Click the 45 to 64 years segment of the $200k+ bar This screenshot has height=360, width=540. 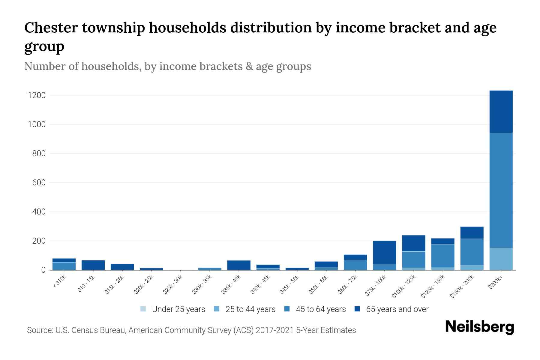tap(501, 190)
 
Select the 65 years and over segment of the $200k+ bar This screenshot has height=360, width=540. tap(501, 112)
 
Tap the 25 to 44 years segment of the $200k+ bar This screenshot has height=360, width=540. tap(501, 259)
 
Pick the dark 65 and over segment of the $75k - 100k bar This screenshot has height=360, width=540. tap(384, 252)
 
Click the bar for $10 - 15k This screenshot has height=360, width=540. tap(93, 265)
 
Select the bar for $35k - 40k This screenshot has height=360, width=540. tap(239, 265)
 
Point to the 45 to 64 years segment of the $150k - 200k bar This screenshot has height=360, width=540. tap(472, 252)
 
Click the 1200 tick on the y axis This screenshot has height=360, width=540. tap(37, 95)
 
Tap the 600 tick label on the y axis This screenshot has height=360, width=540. tap(39, 183)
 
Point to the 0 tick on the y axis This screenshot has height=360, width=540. tap(43, 270)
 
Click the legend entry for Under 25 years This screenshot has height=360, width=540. tap(178, 309)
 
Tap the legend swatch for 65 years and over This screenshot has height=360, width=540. tap(357, 309)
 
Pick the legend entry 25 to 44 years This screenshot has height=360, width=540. tap(250, 309)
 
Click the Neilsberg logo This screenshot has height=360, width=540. tap(479, 327)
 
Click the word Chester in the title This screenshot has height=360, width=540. tap(50, 28)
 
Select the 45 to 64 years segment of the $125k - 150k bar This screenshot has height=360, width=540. tap(443, 256)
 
